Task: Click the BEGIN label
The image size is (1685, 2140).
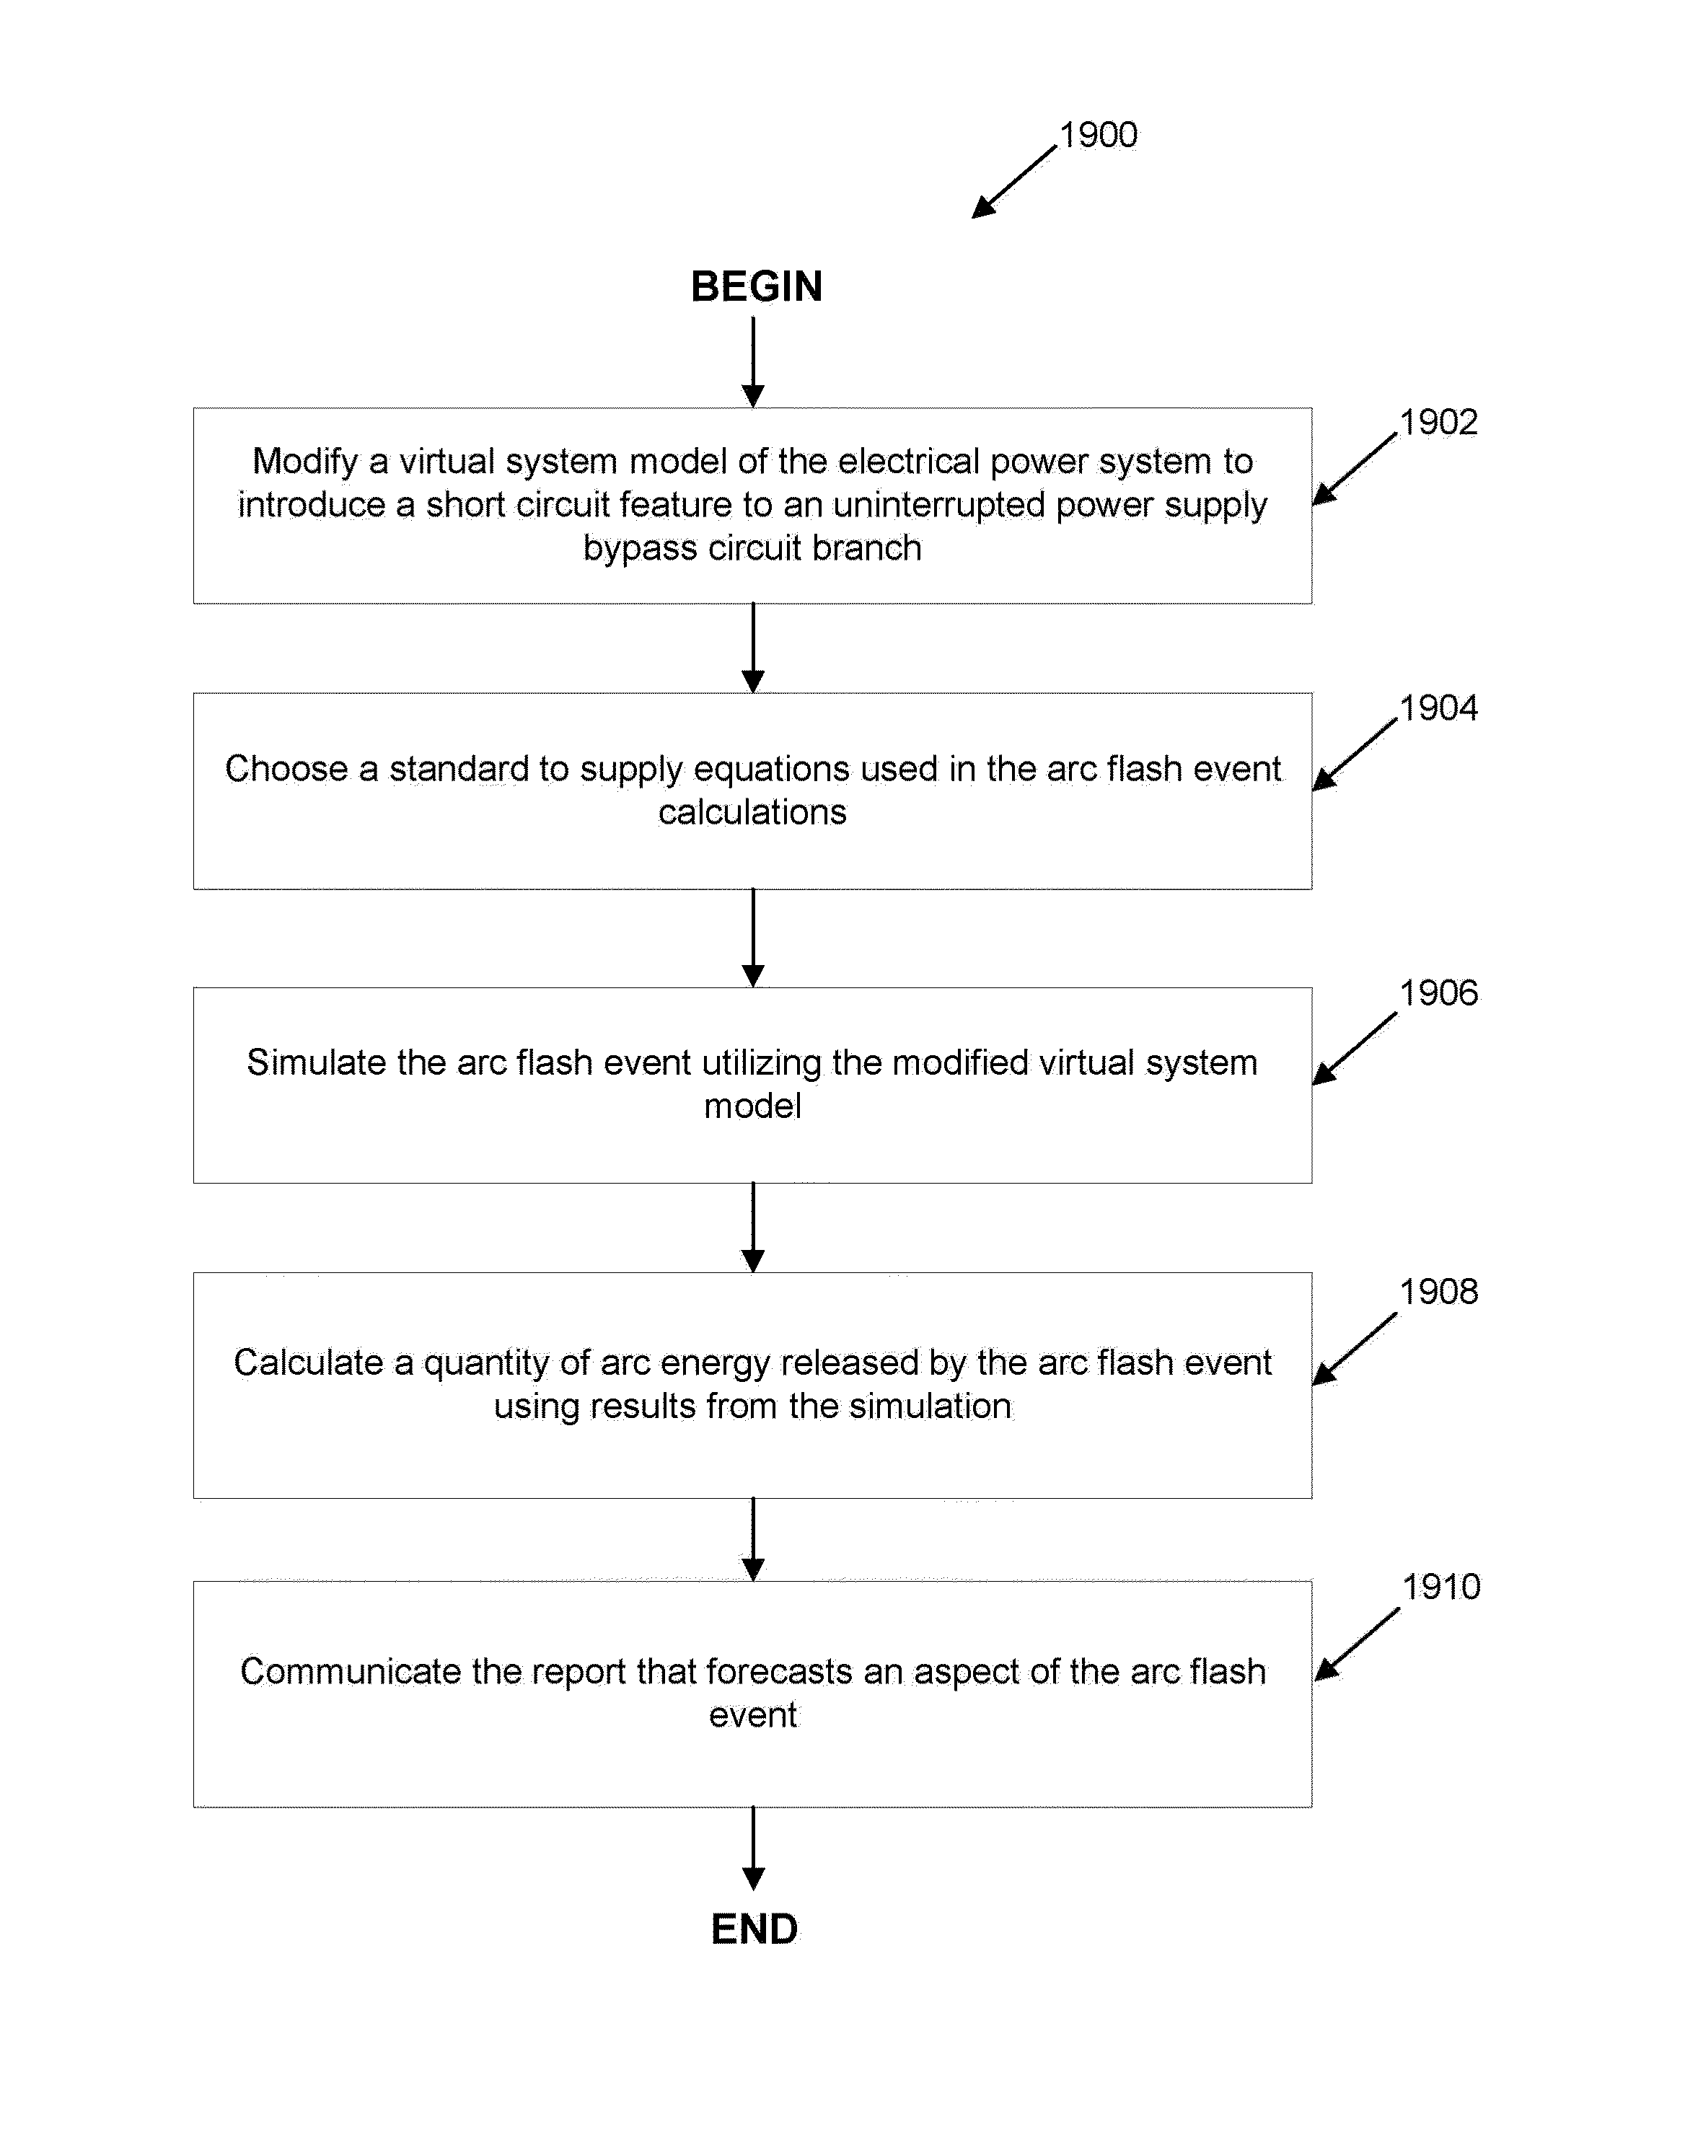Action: click(x=756, y=286)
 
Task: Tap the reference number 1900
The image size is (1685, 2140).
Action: click(x=1098, y=135)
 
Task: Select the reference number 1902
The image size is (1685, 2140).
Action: click(x=1438, y=422)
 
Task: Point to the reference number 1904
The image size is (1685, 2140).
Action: click(x=1438, y=708)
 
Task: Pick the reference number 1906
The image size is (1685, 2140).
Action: click(x=1438, y=993)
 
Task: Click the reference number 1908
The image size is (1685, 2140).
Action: click(x=1438, y=1292)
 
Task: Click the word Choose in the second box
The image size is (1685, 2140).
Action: click(x=286, y=769)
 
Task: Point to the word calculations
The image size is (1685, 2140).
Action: click(x=753, y=812)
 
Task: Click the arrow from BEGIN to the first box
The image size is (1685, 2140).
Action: click(x=753, y=361)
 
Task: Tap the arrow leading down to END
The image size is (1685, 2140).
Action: click(x=753, y=1848)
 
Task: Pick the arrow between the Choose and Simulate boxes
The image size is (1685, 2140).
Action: click(x=753, y=938)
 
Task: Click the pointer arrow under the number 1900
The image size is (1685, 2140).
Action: click(x=1014, y=182)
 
